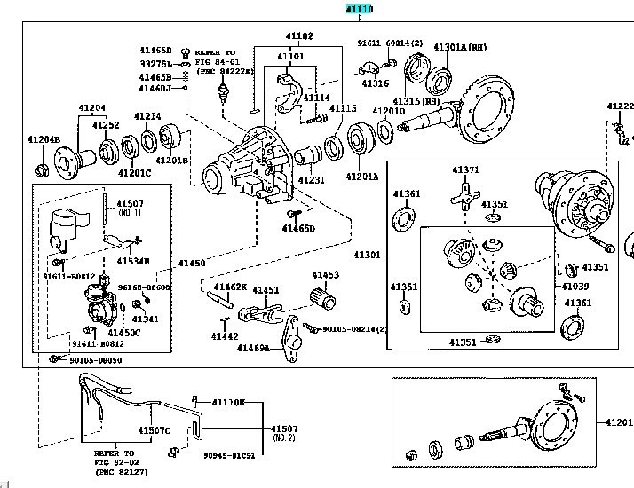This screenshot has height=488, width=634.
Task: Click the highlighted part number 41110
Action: click(360, 9)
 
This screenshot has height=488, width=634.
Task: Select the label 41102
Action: click(299, 36)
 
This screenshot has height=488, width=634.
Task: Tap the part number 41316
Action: click(375, 84)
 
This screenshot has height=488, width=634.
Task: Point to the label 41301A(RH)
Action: click(459, 47)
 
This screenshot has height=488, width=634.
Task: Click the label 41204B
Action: click(43, 139)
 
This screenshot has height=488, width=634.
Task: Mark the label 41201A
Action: click(361, 177)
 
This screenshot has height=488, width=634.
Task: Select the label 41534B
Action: click(133, 262)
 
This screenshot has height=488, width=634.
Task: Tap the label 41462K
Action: click(229, 287)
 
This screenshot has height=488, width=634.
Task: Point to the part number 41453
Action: click(325, 275)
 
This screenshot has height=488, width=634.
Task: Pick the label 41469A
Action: click(253, 348)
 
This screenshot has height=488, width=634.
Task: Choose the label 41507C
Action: click(154, 431)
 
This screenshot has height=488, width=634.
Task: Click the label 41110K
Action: click(227, 403)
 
